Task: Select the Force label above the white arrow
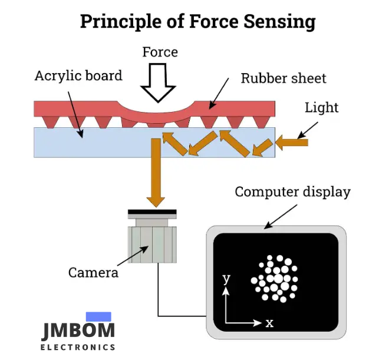tap(160, 52)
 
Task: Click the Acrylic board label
tap(78, 75)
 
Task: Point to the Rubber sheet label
tap(283, 78)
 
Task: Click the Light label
tap(322, 107)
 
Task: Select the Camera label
tap(93, 272)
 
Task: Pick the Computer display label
tap(292, 192)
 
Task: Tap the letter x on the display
tap(269, 323)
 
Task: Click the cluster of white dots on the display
tap(275, 278)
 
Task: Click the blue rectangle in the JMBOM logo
tap(98, 316)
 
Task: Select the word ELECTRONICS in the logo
tap(78, 347)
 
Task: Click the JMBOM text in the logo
tap(78, 331)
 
